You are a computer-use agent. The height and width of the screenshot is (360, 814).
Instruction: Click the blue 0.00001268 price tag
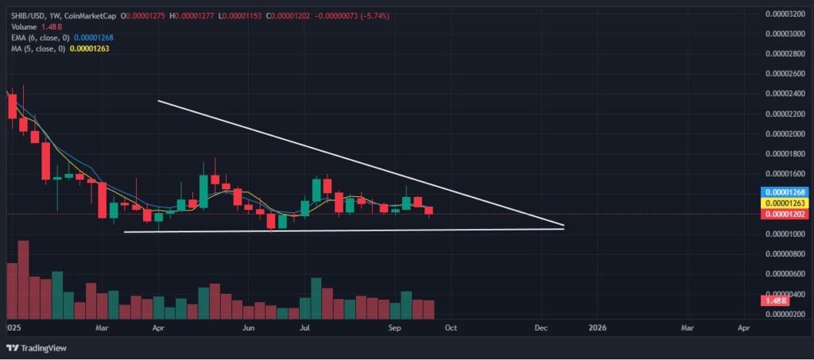tap(785, 192)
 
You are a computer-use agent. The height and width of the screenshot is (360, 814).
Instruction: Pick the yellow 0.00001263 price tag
tap(785, 203)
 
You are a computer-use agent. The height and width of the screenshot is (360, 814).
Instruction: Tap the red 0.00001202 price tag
tap(785, 215)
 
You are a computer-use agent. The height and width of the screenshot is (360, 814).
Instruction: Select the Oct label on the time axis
tap(450, 327)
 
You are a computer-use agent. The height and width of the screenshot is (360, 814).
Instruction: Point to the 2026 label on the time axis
tap(597, 327)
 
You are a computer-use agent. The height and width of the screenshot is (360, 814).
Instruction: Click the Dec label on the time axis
tap(541, 327)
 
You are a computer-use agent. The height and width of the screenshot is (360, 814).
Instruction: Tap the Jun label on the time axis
tap(248, 327)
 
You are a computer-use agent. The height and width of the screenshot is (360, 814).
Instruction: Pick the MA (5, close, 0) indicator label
tap(36, 48)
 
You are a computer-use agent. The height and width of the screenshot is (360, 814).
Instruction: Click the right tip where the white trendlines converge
tap(563, 227)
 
